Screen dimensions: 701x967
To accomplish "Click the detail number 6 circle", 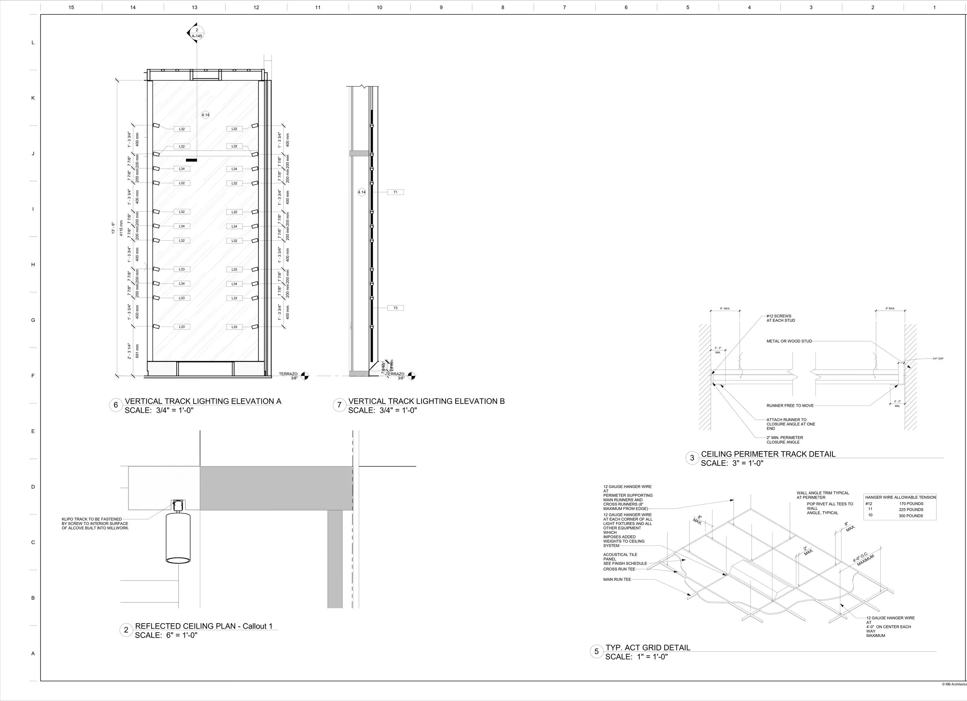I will pyautogui.click(x=116, y=405).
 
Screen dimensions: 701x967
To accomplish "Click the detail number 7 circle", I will pyautogui.click(x=339, y=405).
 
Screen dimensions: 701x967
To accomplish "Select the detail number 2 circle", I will pyautogui.click(x=126, y=630).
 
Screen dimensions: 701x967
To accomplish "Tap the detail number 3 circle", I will pyautogui.click(x=692, y=458).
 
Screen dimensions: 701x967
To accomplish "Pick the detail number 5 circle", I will pyautogui.click(x=596, y=651).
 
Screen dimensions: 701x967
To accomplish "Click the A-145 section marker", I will pyautogui.click(x=196, y=33).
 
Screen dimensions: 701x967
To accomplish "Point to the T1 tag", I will pyautogui.click(x=395, y=192).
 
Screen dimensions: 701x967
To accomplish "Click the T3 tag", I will pyautogui.click(x=395, y=308).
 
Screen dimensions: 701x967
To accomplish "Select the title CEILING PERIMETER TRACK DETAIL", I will pyautogui.click(x=768, y=454).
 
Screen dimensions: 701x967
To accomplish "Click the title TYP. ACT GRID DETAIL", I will pyautogui.click(x=648, y=648).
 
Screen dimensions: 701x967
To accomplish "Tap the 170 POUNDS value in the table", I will pyautogui.click(x=911, y=504).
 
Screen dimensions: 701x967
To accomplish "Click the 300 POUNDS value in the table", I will pyautogui.click(x=911, y=516).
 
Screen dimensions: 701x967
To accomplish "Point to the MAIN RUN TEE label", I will pyautogui.click(x=617, y=580).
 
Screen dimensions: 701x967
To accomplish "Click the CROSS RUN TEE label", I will pyautogui.click(x=619, y=569).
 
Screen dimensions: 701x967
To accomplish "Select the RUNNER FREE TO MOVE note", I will pyautogui.click(x=789, y=405).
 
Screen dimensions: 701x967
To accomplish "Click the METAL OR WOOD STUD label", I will pyautogui.click(x=789, y=341).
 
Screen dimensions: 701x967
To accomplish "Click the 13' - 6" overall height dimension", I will pyautogui.click(x=113, y=228).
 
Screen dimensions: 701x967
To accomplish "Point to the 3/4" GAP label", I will pyautogui.click(x=938, y=359).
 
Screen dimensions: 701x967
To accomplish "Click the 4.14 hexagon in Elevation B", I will pyautogui.click(x=362, y=192).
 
